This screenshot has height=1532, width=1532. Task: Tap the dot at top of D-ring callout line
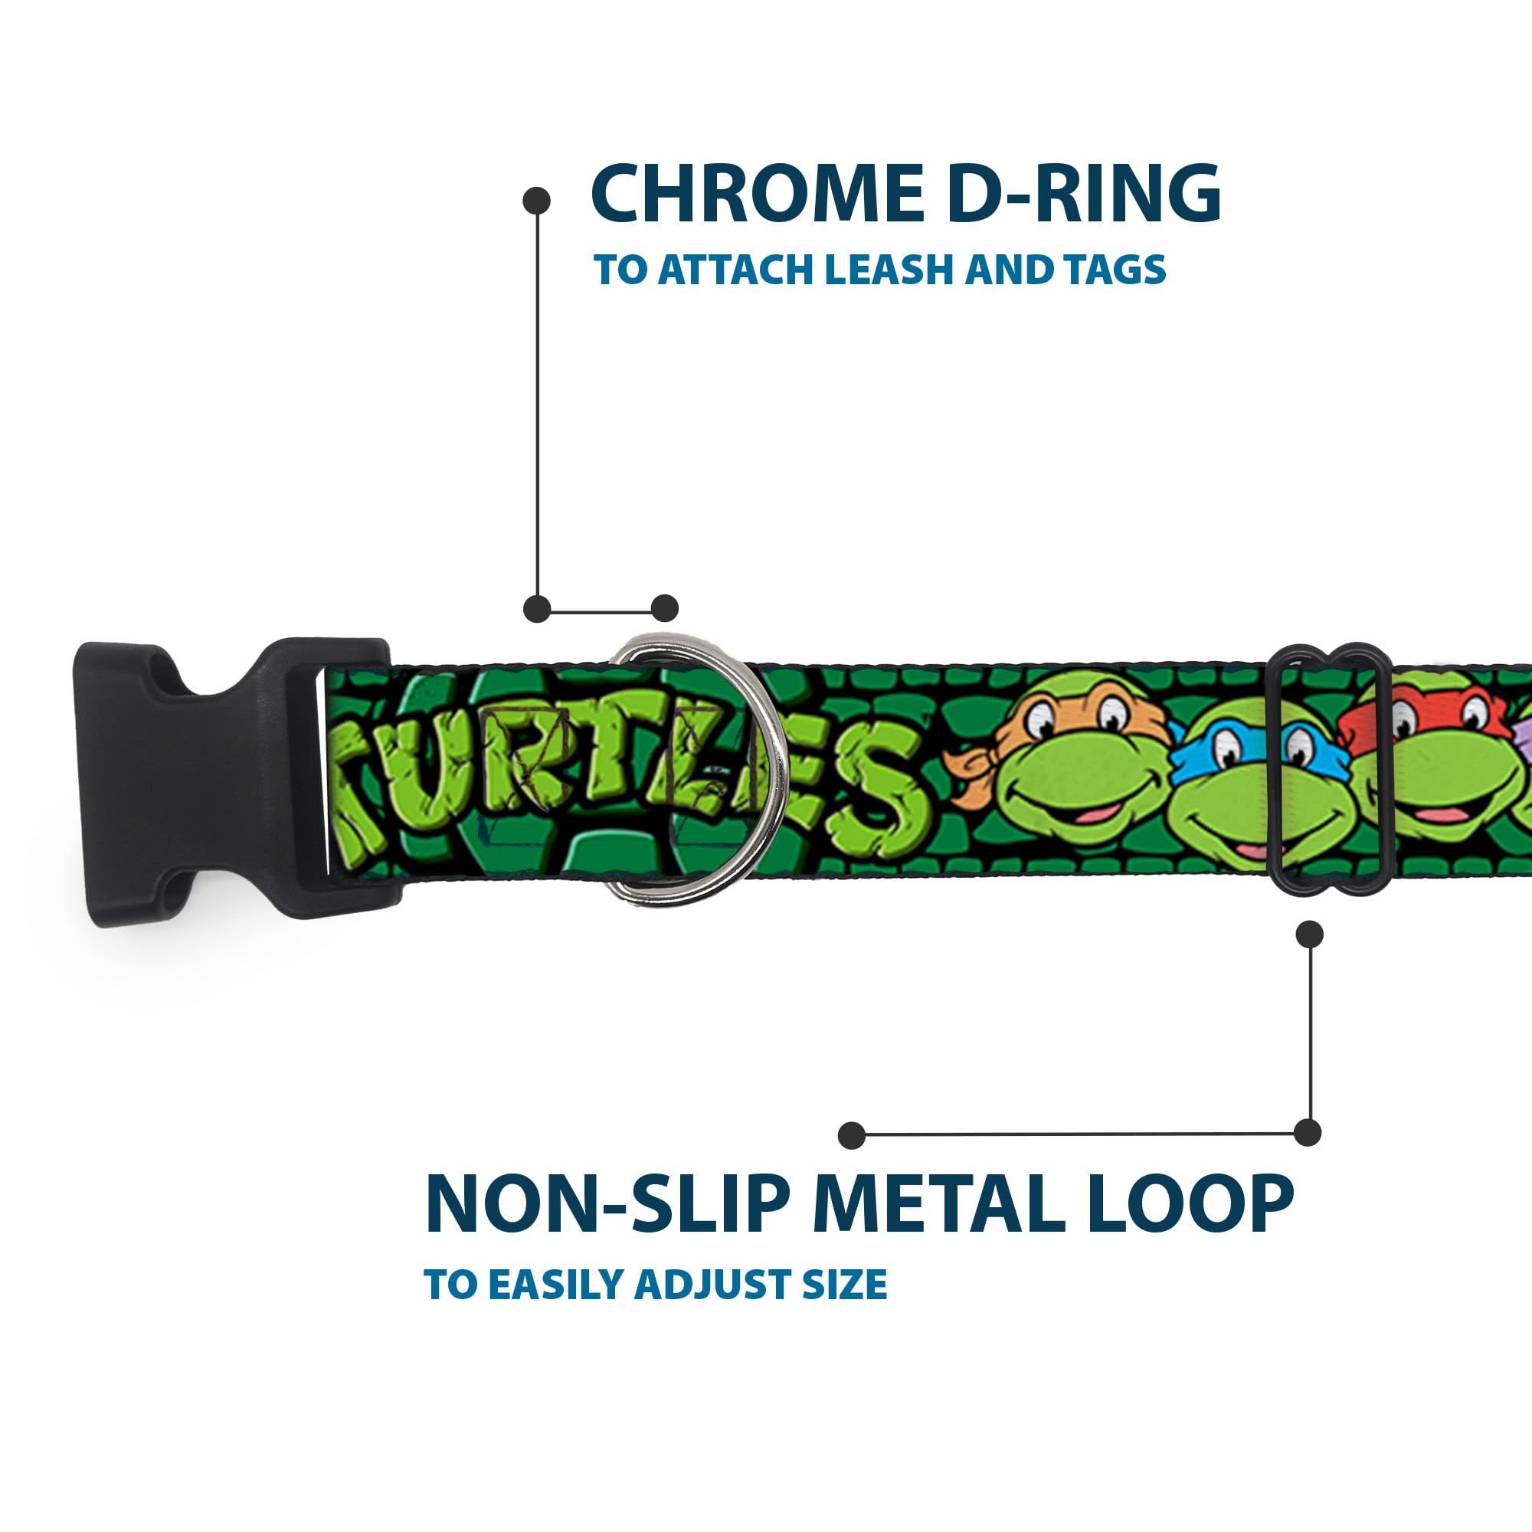click(x=537, y=201)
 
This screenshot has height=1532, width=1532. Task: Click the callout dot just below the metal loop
click(x=1309, y=935)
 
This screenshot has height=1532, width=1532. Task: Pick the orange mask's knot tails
click(x=974, y=768)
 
